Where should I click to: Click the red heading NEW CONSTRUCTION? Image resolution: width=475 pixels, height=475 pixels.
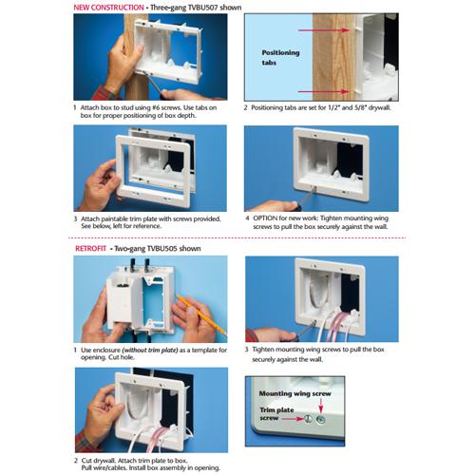108,8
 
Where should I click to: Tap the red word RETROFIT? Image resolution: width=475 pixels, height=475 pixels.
90,249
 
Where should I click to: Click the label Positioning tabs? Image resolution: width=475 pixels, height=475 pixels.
280,58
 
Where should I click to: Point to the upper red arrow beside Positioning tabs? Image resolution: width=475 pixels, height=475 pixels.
324,30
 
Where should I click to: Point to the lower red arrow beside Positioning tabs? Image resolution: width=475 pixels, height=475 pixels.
324,92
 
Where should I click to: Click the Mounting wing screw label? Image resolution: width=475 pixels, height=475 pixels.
294,393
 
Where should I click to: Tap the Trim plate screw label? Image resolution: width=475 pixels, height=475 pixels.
276,414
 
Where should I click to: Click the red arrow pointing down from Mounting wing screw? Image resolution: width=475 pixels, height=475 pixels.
321,406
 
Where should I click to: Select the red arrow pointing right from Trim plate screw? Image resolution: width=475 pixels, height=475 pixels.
293,419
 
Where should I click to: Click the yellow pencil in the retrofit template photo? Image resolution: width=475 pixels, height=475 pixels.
201,314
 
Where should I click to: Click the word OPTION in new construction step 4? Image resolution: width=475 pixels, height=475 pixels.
265,218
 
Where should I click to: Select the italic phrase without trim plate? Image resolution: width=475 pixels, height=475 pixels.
150,351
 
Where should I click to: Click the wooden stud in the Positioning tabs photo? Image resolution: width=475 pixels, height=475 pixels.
333,57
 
